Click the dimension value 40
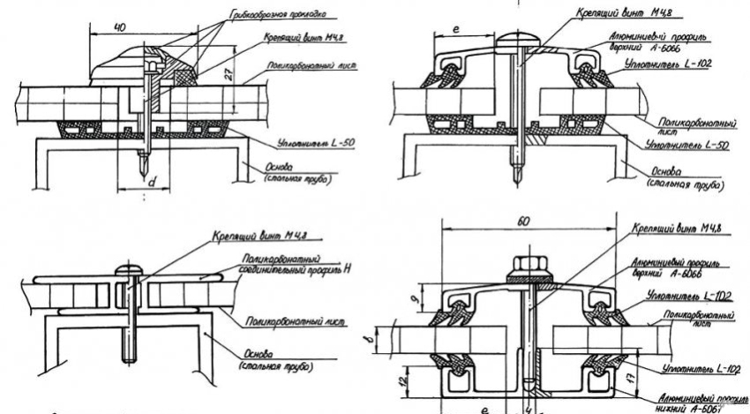click(x=118, y=28)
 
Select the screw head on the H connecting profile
click(x=131, y=267)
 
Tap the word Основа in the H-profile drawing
click(x=255, y=350)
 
